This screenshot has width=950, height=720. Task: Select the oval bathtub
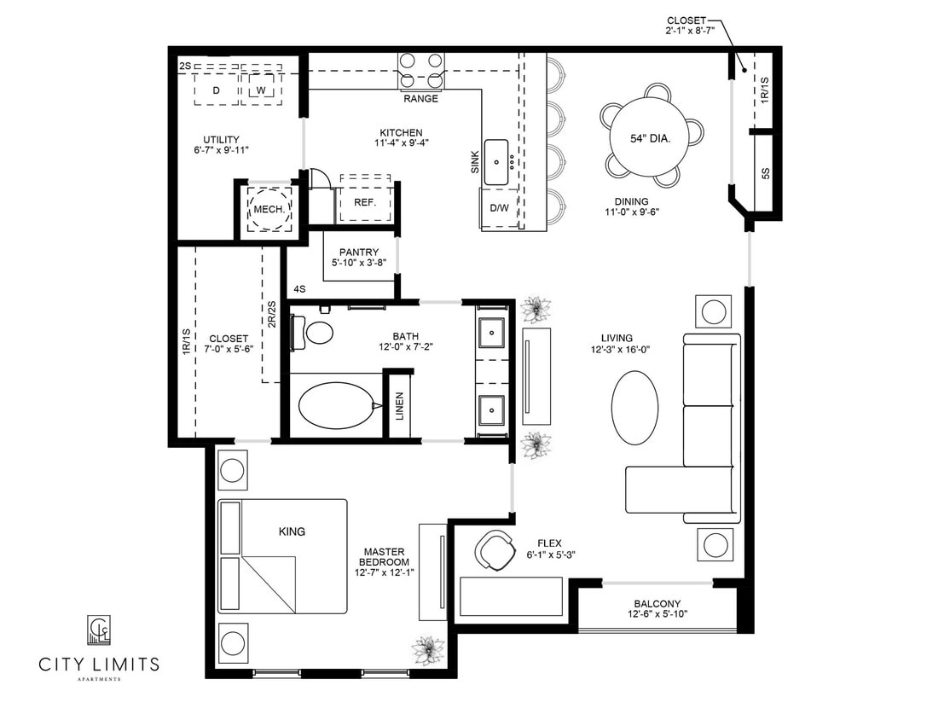336,406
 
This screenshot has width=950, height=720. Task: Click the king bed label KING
292,531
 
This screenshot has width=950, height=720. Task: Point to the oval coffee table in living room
635,406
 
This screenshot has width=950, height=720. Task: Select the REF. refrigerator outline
364,202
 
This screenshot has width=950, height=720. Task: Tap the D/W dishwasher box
499,208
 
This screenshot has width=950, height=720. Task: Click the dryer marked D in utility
216,90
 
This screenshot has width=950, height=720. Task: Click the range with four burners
421,72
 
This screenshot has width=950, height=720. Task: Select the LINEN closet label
399,407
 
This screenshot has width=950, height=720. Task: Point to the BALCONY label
657,603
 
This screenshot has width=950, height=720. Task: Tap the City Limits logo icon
99,630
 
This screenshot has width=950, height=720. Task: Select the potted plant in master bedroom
427,650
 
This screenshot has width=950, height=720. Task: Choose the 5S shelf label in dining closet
765,173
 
